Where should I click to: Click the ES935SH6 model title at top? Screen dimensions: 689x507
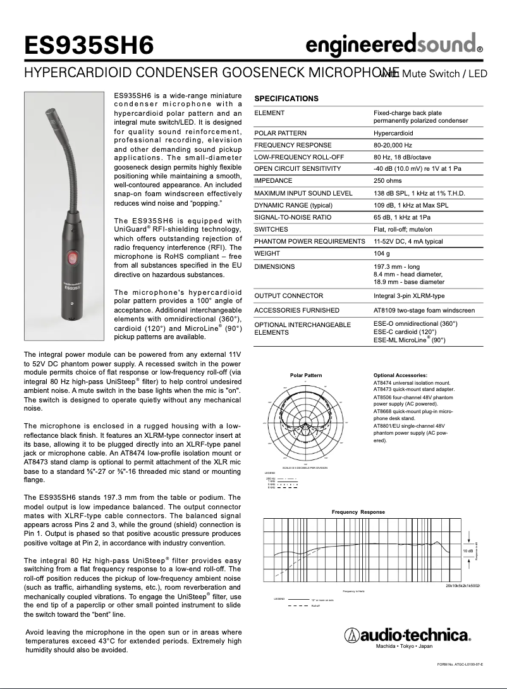coord(89,46)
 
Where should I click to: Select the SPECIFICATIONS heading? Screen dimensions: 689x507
coord(286,99)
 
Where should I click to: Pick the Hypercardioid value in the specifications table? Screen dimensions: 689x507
coord(393,133)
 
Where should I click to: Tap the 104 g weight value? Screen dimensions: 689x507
coord(382,253)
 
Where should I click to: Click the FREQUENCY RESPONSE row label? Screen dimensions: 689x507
coord(292,145)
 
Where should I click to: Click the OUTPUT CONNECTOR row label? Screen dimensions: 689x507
coord(288,295)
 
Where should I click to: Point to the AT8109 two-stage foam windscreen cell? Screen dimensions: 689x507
coord(424,311)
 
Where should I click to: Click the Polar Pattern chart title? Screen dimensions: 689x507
coord(305,375)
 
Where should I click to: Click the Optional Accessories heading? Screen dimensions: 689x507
coord(400,375)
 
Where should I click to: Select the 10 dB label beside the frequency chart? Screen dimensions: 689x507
coord(467,551)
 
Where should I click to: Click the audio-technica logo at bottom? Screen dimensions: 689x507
coord(406,635)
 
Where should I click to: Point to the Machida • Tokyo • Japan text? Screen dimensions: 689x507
coord(405,647)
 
